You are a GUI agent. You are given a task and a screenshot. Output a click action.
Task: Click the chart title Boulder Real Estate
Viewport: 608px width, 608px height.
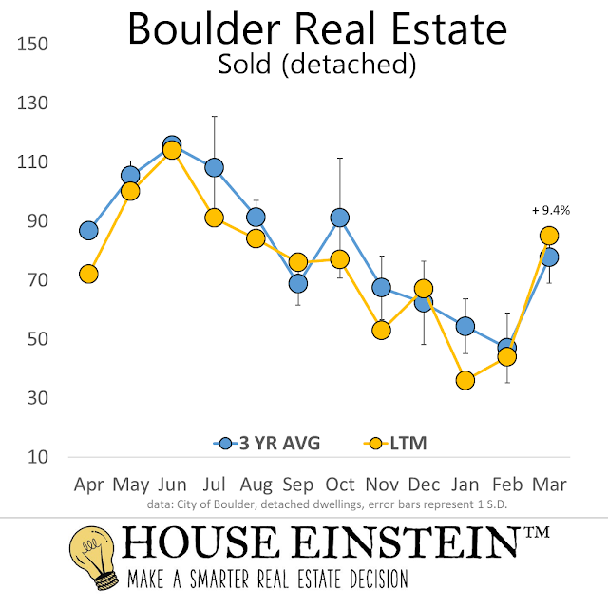tap(317, 30)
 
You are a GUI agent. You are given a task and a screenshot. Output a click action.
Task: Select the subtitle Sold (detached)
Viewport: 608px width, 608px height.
tap(316, 66)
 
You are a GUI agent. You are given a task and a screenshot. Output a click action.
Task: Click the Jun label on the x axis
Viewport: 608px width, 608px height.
tap(172, 484)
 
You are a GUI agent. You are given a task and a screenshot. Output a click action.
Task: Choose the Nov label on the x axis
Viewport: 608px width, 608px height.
tap(382, 484)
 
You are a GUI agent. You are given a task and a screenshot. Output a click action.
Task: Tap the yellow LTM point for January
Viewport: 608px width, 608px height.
tap(465, 380)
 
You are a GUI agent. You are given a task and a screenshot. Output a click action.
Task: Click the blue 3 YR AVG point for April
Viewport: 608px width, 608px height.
tap(88, 231)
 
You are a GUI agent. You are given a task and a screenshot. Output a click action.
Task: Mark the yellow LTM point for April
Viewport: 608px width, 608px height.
tap(88, 274)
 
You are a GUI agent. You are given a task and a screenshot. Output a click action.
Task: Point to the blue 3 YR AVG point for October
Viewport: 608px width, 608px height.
tap(339, 218)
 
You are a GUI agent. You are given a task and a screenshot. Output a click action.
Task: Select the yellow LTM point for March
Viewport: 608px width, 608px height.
tap(549, 236)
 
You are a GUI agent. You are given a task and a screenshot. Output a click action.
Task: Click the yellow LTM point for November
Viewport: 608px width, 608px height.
tap(382, 331)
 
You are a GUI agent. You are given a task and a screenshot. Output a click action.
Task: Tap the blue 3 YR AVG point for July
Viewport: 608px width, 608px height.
tap(214, 168)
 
